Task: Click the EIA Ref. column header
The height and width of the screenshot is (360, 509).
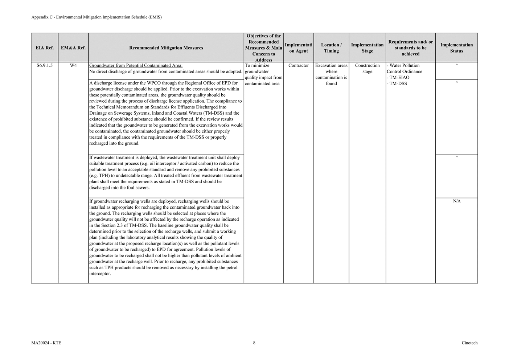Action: (x=45, y=48)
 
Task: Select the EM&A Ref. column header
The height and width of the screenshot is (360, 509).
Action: (x=73, y=48)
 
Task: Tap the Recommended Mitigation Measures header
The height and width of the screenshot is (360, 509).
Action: (x=166, y=48)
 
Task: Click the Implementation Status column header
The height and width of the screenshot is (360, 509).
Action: (x=456, y=48)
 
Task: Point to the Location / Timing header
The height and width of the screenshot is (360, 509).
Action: (x=331, y=48)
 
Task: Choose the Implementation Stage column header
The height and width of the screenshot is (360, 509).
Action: (x=367, y=48)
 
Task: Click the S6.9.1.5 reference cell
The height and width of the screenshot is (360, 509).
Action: (x=45, y=66)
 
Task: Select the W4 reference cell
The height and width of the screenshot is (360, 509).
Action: (x=73, y=66)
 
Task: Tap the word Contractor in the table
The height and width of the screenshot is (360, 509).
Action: (x=299, y=66)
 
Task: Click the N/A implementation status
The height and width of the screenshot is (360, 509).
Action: (x=457, y=201)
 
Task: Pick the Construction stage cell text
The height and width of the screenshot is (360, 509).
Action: (x=367, y=69)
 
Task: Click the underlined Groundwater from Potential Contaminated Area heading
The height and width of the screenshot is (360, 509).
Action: (x=136, y=66)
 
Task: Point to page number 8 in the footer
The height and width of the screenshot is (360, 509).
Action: (x=254, y=343)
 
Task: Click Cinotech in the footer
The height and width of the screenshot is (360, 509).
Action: (x=469, y=343)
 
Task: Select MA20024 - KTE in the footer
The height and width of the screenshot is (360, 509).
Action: (x=46, y=343)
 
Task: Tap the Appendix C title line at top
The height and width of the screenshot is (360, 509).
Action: (x=97, y=17)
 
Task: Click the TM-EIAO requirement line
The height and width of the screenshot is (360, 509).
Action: (x=399, y=78)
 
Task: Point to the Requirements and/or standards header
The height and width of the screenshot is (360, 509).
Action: (x=410, y=48)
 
